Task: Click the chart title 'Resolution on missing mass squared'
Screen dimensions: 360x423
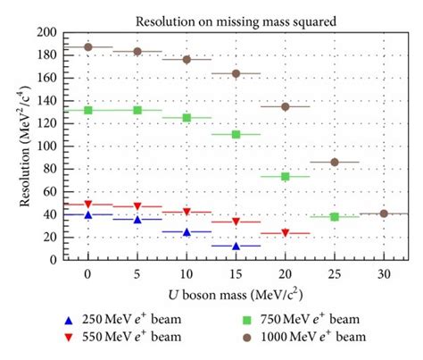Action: click(x=236, y=21)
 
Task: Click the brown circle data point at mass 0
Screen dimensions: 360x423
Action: click(x=87, y=46)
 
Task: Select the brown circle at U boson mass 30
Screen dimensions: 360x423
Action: click(x=384, y=213)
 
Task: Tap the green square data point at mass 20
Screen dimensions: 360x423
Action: click(x=286, y=177)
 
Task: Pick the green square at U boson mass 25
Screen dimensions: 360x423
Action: click(x=335, y=216)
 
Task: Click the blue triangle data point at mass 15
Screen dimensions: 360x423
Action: click(x=236, y=246)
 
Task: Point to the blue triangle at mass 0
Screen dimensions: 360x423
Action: click(x=87, y=214)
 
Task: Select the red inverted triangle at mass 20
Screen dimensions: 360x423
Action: click(x=286, y=233)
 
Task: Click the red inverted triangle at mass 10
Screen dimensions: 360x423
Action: click(x=187, y=212)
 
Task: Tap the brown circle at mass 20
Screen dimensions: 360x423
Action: click(x=286, y=106)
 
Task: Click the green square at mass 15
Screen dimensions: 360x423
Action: click(x=236, y=134)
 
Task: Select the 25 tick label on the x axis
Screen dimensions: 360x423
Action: click(x=335, y=272)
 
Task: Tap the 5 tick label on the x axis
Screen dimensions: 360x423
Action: click(x=137, y=272)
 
